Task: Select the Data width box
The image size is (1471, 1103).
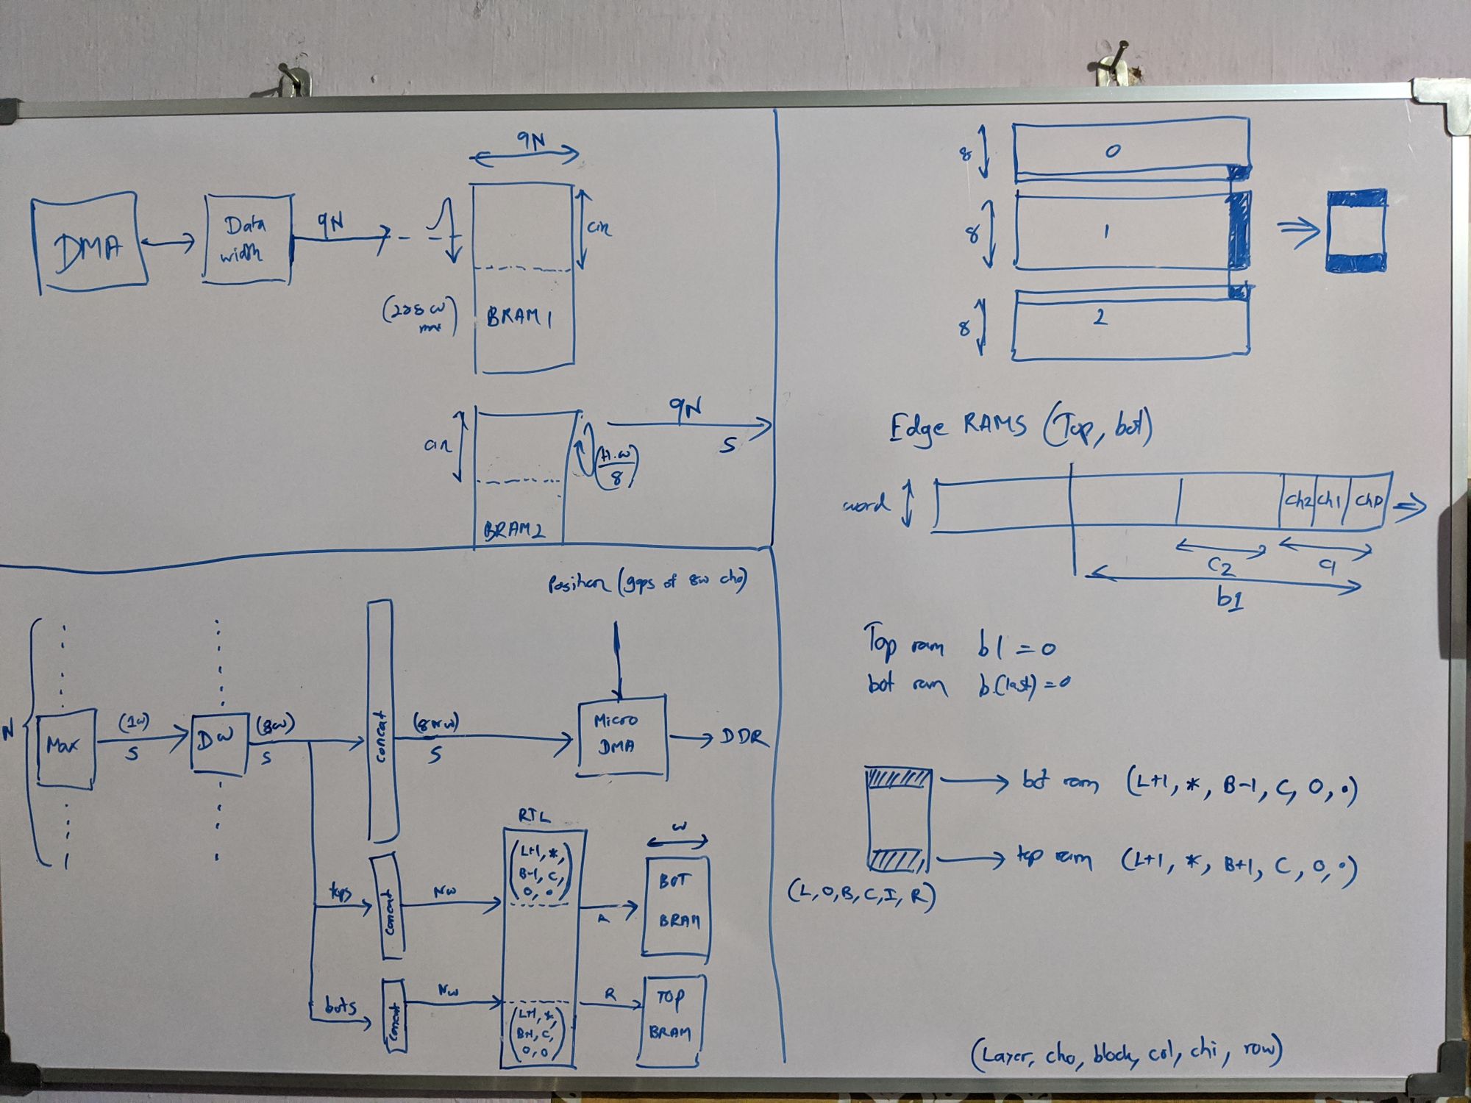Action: (247, 238)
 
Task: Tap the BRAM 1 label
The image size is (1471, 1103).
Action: (519, 317)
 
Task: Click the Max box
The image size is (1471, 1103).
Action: (65, 748)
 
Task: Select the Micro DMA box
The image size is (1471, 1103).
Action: (621, 735)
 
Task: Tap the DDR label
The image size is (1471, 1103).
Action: (743, 738)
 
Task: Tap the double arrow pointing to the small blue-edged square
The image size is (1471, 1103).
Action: (1298, 234)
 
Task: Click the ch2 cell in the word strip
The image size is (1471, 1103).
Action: (1298, 501)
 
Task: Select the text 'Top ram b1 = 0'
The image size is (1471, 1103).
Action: (960, 645)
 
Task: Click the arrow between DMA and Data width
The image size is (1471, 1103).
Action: (170, 240)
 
